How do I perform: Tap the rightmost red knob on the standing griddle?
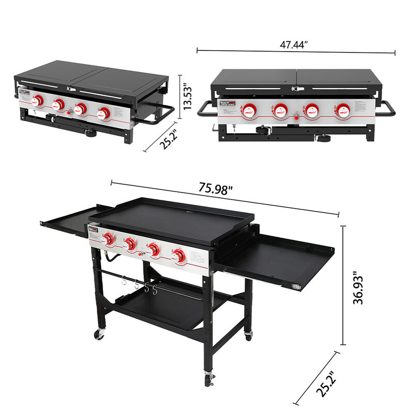point(179,255)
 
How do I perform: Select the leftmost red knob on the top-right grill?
point(250,109)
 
